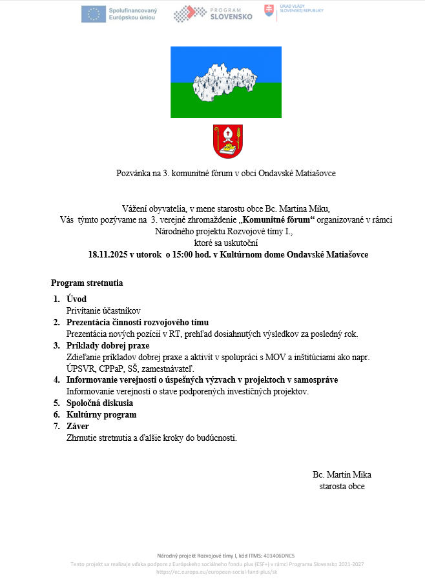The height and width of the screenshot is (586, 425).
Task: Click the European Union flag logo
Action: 94,14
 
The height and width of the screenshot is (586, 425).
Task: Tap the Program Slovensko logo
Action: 212,14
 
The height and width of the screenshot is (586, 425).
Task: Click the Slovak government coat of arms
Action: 269,10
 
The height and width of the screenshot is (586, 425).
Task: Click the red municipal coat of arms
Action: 228,142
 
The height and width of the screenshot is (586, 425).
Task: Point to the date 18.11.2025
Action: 109,254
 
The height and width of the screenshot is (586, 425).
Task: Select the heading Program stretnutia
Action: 87,283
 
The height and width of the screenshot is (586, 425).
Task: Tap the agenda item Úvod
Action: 76,299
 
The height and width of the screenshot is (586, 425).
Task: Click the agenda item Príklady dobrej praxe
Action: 108,345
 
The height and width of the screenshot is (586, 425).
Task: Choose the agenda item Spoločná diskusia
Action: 99,403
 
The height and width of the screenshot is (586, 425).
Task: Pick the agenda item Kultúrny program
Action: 101,415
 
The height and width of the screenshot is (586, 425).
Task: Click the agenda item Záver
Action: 78,427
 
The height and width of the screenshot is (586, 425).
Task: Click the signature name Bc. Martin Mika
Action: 342,474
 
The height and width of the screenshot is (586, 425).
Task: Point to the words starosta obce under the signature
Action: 342,486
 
